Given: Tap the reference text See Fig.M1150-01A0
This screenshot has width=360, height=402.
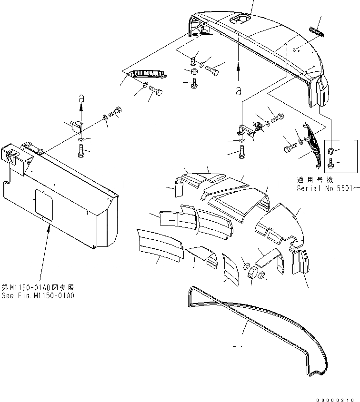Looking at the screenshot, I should (39, 296).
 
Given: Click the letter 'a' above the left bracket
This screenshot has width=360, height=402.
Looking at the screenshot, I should (81, 98).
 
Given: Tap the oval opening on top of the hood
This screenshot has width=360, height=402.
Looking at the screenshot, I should (240, 19).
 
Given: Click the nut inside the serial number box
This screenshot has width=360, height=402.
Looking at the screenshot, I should (330, 151).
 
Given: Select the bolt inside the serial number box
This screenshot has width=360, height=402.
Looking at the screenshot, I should (330, 164).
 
